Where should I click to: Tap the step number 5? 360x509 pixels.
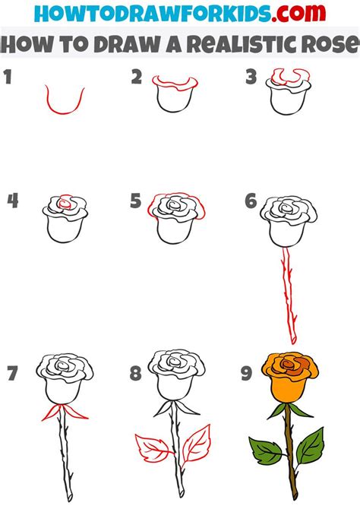point(136,201)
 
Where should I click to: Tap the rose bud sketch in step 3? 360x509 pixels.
point(286,95)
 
